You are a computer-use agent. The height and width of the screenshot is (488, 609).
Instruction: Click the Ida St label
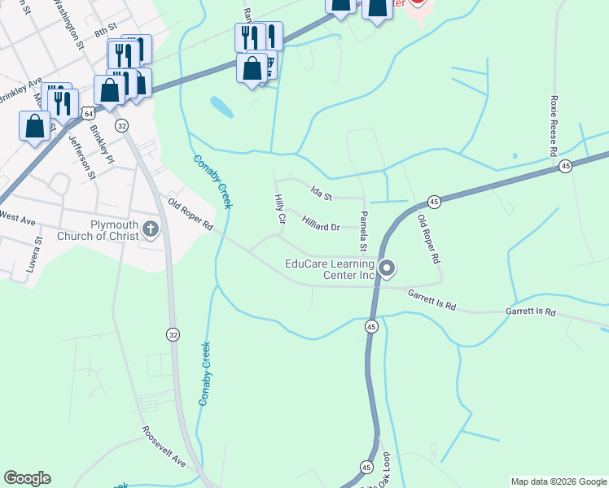tap(322, 194)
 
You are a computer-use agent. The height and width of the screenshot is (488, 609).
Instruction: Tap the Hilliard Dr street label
tap(320, 224)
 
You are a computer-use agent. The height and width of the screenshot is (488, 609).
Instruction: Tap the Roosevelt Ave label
tap(164, 448)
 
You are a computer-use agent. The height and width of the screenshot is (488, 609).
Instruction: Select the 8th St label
tap(101, 31)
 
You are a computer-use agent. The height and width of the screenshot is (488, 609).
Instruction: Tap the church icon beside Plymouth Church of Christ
tap(151, 230)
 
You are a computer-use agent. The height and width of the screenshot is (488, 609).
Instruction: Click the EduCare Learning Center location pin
tap(388, 268)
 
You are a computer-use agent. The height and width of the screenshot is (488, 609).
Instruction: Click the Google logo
tap(27, 478)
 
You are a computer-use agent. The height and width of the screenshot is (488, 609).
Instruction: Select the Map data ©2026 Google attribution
tap(559, 481)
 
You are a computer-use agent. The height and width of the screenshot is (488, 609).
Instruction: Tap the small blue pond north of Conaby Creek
tap(220, 106)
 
